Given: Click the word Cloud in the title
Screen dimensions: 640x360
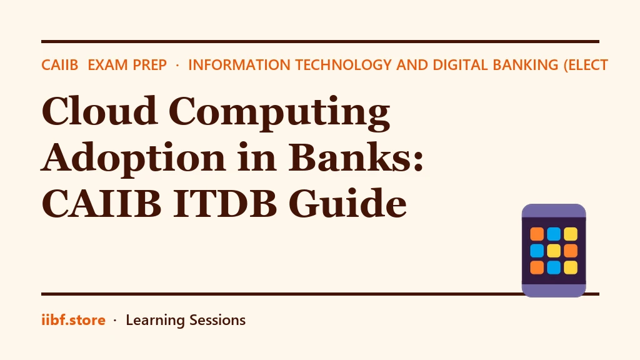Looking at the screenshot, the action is pos(99,111).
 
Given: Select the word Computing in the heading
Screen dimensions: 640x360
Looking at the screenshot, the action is pos(279,114).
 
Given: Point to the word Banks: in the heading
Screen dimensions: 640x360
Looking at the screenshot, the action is pos(356,157).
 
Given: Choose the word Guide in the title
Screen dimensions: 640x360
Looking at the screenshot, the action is pos(347,203).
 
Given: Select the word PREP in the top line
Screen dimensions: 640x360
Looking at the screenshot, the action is pos(149,65).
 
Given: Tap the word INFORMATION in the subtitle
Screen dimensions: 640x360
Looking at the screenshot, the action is pos(239,65).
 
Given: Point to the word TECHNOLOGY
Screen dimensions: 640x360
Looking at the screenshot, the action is pos(344,65).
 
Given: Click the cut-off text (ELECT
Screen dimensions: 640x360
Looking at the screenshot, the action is pos(586,65).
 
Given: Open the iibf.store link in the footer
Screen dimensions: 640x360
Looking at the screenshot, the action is pos(74,320).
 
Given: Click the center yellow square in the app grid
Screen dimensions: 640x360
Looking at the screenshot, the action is pos(554,251).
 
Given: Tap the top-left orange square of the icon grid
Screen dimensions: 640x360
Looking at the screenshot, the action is pos(537,234).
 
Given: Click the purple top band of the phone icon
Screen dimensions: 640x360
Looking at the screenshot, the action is pos(554,211).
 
